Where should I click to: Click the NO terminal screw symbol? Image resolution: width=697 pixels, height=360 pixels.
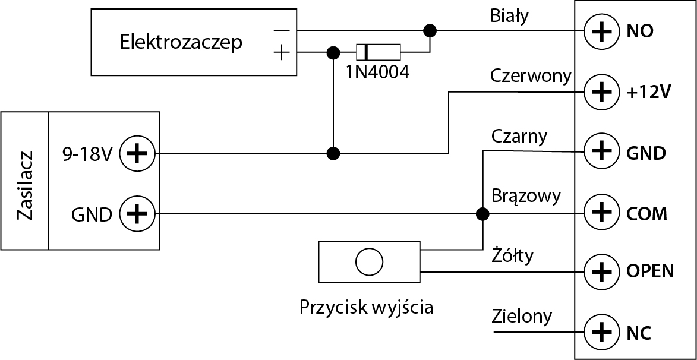tap(603, 31)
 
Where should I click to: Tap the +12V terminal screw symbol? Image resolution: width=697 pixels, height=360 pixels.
tap(603, 91)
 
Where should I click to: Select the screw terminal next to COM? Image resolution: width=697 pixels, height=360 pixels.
tap(603, 212)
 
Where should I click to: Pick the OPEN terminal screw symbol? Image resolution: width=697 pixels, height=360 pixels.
tap(603, 272)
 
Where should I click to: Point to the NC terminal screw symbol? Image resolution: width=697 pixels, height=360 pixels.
tap(603, 332)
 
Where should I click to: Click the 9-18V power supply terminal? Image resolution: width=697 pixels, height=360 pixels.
tap(137, 154)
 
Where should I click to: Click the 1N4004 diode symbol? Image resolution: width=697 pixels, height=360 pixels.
tap(378, 52)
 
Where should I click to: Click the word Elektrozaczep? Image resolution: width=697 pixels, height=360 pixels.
tap(181, 42)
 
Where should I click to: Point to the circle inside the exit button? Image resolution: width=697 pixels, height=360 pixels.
tap(368, 261)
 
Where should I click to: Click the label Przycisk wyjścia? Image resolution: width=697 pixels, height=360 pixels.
tap(366, 307)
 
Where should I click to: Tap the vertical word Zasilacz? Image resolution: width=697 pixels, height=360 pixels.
tap(25, 185)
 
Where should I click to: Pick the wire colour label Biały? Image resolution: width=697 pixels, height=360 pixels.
tap(509, 16)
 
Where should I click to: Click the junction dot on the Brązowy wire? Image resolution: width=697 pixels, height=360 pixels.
tap(483, 213)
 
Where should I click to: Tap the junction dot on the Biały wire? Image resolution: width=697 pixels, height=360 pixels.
tap(428, 30)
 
